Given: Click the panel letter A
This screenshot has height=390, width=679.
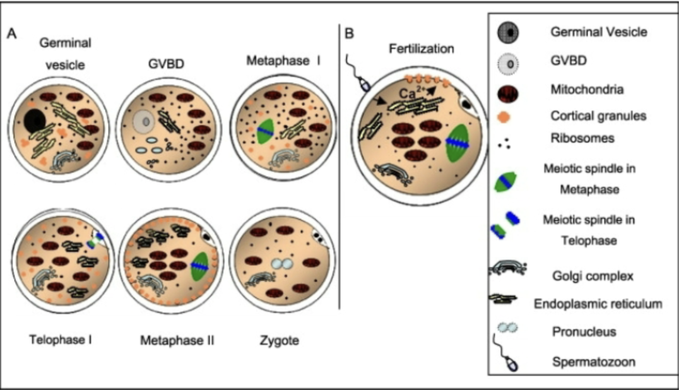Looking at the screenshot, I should click(11, 33).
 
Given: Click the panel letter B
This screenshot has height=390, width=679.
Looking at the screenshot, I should click(349, 33).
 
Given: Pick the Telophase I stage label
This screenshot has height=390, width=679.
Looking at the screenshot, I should click(61, 340).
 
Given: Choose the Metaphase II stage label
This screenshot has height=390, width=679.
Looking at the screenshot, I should click(177, 341).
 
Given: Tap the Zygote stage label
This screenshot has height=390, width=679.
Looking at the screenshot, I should click(280, 341).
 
